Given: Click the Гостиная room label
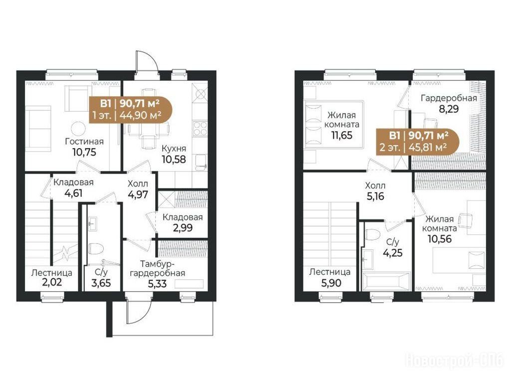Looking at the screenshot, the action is (x=84, y=142).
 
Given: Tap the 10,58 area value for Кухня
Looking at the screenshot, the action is (x=174, y=159).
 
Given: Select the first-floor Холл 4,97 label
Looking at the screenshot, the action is (x=138, y=189).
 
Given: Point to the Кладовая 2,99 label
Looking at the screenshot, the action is (x=183, y=222).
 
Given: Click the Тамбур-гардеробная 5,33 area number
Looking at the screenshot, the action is (x=157, y=284).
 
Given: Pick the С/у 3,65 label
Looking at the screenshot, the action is (x=101, y=277).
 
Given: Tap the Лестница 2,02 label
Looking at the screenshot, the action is (x=52, y=277).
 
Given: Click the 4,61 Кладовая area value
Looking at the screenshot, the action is (x=73, y=193).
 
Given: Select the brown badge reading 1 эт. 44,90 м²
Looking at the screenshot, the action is (x=130, y=109).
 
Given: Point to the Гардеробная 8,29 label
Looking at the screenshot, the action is (x=449, y=103).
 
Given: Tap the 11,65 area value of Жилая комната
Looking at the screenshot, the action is (x=342, y=135).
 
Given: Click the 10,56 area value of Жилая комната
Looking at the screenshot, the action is (x=440, y=239).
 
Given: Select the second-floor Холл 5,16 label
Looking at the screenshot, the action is (x=375, y=191).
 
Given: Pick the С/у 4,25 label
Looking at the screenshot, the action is (x=392, y=247).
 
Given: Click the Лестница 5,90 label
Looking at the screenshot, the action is (x=330, y=277).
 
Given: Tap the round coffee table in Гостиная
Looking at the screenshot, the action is (x=78, y=128).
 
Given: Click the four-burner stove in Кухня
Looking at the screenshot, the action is (x=200, y=128).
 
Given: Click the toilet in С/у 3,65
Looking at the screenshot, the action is (x=96, y=249).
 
